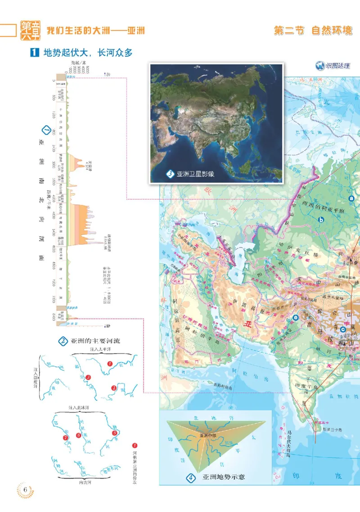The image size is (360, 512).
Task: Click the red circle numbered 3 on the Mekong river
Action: tap(88, 377)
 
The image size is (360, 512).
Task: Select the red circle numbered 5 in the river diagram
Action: tap(115, 433)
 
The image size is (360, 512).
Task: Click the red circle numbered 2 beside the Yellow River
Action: tap(114, 388)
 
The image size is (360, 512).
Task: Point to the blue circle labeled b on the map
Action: tap(321, 220)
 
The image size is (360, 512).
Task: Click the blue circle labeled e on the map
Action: tap(296, 318)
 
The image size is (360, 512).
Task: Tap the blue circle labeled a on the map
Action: tap(352, 198)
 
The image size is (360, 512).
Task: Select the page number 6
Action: tap(26, 490)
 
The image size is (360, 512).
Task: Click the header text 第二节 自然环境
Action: tap(313, 31)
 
